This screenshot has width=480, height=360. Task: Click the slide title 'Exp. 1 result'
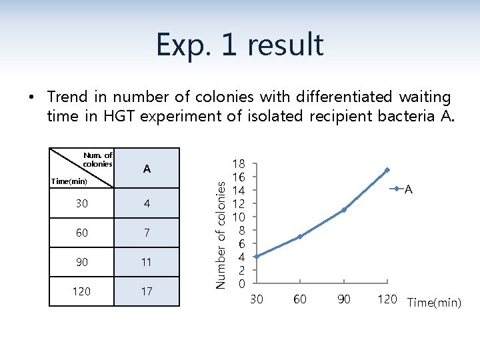click(240, 45)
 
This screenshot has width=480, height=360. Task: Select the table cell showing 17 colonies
click(147, 291)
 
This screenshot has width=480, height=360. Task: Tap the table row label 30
click(81, 203)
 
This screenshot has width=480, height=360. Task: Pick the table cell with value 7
click(147, 233)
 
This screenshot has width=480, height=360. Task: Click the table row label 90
click(81, 262)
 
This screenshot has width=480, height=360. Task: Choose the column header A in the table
click(147, 169)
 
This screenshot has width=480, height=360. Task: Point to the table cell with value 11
click(147, 262)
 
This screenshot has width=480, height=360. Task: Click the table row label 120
click(81, 291)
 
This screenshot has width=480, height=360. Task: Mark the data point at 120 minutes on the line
click(387, 170)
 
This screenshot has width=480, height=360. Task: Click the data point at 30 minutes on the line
click(257, 257)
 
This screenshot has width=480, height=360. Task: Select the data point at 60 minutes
click(300, 237)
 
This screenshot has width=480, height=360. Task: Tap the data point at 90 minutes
click(344, 210)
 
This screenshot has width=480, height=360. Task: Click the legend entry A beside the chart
click(408, 190)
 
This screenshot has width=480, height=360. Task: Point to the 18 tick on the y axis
click(239, 163)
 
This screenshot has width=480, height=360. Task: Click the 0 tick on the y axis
click(241, 284)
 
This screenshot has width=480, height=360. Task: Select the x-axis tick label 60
click(300, 299)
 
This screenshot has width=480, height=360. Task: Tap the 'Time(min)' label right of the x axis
click(434, 303)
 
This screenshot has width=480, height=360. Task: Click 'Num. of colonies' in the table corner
click(98, 159)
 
